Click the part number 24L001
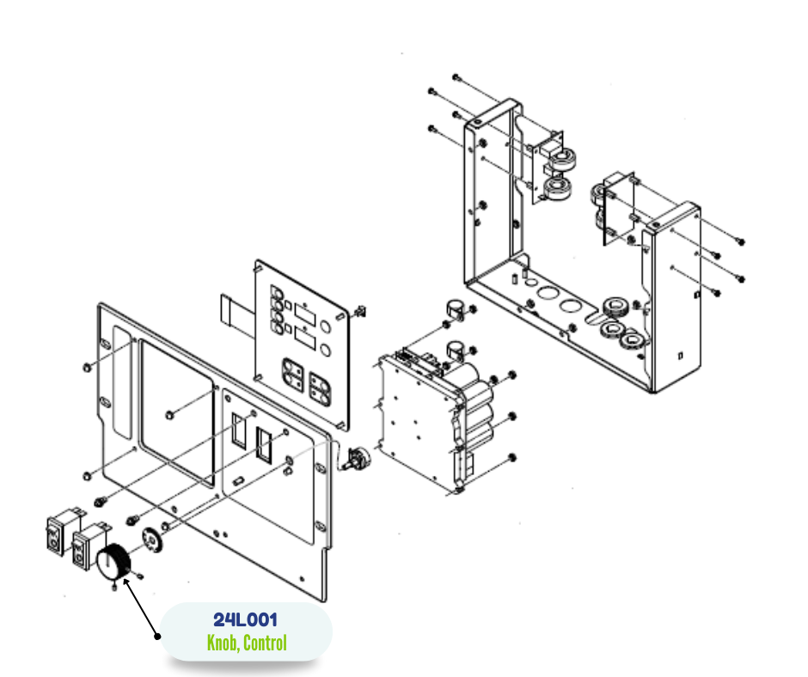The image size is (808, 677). click(245, 619)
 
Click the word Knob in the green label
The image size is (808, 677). click(222, 643)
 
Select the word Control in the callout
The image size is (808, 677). click(265, 643)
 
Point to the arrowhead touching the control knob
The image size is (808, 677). click(126, 583)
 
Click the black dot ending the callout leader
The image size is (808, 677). click(157, 636)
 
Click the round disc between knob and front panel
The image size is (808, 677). click(152, 540)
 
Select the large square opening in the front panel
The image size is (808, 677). click(177, 413)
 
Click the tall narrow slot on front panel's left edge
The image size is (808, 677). click(122, 382)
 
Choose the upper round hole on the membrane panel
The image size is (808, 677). click(325, 326)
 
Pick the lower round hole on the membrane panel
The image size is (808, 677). click(325, 351)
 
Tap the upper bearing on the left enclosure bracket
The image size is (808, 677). click(561, 159)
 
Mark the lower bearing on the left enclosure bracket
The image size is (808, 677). click(558, 188)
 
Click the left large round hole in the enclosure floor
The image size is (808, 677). click(548, 293)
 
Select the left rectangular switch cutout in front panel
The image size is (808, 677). click(239, 430)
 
